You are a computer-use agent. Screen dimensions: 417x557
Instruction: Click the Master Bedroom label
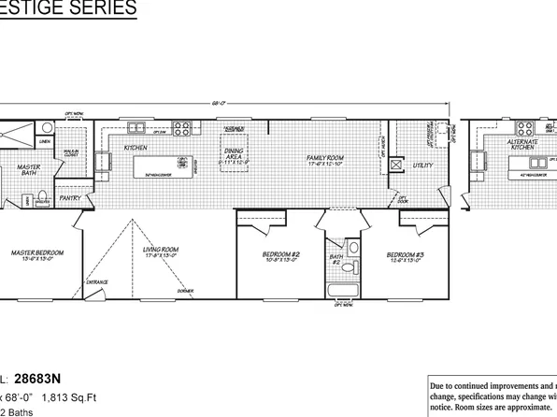36,252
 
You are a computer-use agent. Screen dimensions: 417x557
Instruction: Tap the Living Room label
161,251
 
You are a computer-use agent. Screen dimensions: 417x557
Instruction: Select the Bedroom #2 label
280,254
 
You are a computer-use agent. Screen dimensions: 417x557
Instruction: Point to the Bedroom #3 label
407,254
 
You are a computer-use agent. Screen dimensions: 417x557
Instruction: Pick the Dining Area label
234,156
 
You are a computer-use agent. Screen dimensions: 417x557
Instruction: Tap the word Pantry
69,198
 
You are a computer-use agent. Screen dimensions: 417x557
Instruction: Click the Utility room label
425,165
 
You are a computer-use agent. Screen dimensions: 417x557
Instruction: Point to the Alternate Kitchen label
521,145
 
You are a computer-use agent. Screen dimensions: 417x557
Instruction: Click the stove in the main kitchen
183,127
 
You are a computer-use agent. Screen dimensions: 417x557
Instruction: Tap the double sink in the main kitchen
137,127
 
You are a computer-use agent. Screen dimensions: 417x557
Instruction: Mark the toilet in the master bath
28,200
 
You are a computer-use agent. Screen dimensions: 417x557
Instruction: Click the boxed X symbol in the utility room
396,165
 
